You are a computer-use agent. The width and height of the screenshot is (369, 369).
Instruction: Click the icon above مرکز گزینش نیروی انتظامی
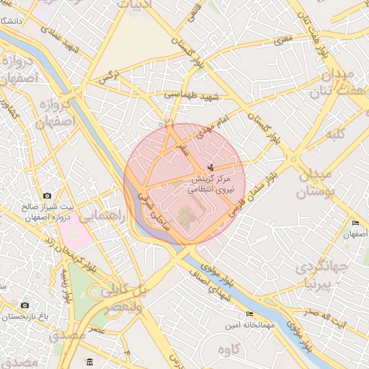point(210,167)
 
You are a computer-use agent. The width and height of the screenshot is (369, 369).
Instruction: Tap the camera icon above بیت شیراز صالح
point(47,195)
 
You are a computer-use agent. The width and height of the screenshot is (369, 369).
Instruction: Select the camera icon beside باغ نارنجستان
point(25,305)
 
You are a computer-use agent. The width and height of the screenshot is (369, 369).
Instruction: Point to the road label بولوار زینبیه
point(68,286)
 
